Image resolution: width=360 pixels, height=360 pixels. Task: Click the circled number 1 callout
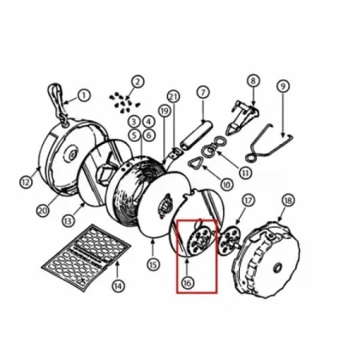click(x=84, y=95)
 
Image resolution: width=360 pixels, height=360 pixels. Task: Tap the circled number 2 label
click(x=138, y=82)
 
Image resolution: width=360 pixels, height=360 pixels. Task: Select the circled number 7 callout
click(x=203, y=92)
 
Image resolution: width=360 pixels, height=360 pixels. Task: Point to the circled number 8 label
click(x=253, y=81)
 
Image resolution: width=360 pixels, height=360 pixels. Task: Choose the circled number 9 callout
click(x=283, y=86)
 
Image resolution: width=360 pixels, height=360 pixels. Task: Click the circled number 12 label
click(x=26, y=182)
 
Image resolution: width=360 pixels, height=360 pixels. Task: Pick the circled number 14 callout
click(x=118, y=286)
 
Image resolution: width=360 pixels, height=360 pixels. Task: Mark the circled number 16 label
click(x=187, y=282)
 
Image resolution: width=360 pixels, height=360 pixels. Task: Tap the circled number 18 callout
click(x=288, y=200)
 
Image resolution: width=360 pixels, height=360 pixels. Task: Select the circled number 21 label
click(x=174, y=97)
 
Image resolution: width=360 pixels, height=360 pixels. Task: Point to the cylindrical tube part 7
click(x=197, y=134)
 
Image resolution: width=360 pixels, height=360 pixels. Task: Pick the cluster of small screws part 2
click(x=125, y=102)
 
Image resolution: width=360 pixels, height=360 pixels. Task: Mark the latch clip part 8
click(x=242, y=117)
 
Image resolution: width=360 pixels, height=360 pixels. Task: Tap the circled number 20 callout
click(x=42, y=210)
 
